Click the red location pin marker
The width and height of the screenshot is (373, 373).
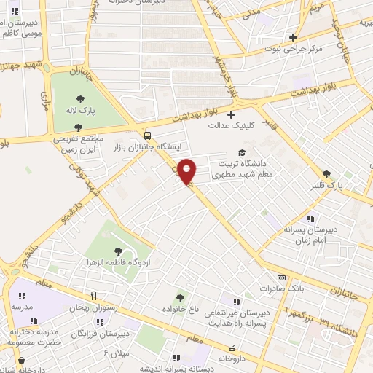tap(187, 170)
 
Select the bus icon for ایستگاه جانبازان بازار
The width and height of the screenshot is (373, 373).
tap(148, 136)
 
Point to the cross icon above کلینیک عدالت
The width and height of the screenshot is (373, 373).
tap(232, 114)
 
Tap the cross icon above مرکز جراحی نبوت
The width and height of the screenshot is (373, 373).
tap(293, 37)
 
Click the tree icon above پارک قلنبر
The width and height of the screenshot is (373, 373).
tap(326, 174)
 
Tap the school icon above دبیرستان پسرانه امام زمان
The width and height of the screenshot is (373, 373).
tap(310, 219)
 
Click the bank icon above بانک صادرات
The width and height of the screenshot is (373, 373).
tap(282, 278)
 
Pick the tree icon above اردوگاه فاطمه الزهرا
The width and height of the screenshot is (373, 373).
tap(118, 251)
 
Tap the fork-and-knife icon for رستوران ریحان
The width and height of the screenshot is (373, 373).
tap(93, 296)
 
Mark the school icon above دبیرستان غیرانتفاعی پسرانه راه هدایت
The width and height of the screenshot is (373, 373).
tap(235, 300)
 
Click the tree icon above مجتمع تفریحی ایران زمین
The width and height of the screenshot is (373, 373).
tap(78, 127)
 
